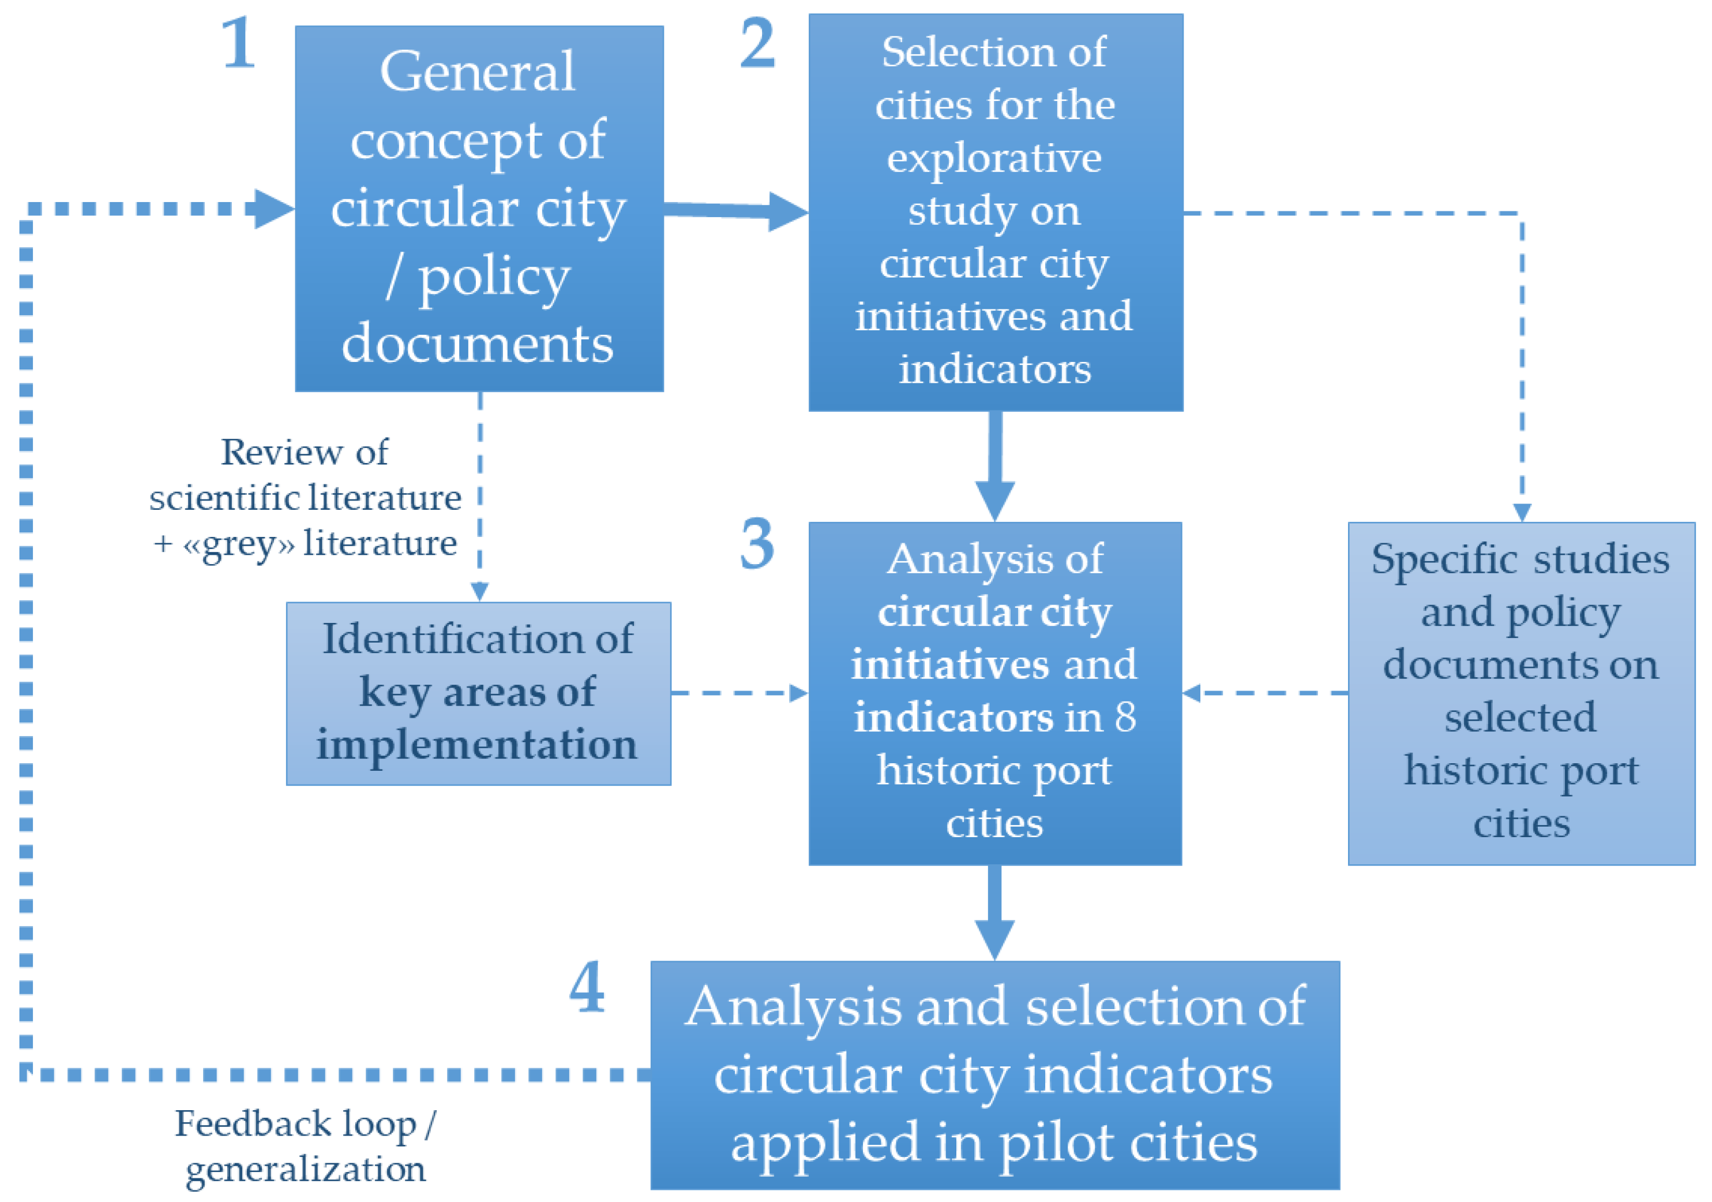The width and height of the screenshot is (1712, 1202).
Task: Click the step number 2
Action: pos(757,43)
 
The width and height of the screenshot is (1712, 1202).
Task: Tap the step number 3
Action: pos(757,544)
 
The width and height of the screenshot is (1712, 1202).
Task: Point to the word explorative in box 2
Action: pos(994,158)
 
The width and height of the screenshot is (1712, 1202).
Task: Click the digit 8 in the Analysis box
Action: pos(1125,717)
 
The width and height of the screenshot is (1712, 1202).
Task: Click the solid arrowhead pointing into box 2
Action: pos(787,212)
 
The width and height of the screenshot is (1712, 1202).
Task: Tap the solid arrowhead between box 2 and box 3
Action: pos(994,499)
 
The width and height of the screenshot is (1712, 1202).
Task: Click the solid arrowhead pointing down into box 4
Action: pos(994,939)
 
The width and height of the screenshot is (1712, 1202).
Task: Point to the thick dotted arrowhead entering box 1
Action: pos(273,208)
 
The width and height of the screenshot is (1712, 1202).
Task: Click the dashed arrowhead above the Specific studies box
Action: pos(1522,513)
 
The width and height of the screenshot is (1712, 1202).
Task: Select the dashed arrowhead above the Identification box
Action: pos(479,592)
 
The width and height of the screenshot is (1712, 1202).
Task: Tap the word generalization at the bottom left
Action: pos(306,1169)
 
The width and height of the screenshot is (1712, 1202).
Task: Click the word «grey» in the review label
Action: pos(239,544)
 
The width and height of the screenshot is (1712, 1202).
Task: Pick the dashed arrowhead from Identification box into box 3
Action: pos(798,693)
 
